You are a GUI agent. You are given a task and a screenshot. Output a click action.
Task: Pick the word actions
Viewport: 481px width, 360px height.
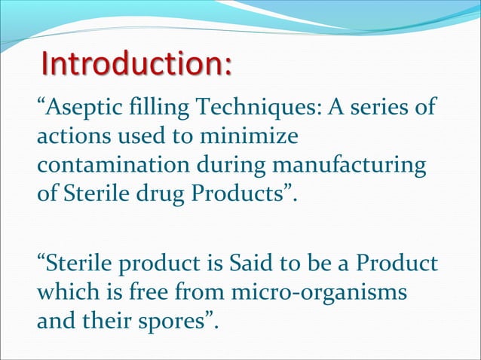pos(73,137)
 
